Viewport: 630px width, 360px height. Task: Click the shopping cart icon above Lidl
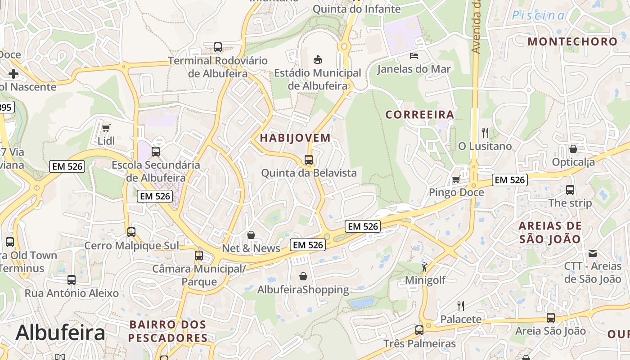(106, 128)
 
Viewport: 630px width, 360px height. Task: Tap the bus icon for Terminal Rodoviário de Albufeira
(218, 47)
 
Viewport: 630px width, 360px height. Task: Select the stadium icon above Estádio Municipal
(318, 59)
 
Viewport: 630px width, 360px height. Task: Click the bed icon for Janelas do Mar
(414, 56)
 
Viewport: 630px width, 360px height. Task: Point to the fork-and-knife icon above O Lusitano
(485, 133)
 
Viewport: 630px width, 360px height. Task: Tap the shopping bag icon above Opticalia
(573, 148)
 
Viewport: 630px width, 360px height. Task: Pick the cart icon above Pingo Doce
(456, 179)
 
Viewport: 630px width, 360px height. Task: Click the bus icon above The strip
(570, 189)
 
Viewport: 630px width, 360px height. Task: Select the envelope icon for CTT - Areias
(593, 253)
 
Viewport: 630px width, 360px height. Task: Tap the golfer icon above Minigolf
(425, 267)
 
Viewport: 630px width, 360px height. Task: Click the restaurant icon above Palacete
(461, 306)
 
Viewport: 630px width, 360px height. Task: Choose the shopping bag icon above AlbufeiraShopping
(303, 276)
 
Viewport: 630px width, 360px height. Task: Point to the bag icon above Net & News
(251, 235)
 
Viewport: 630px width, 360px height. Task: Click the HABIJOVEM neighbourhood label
(295, 138)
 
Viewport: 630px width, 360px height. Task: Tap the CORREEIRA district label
(420, 115)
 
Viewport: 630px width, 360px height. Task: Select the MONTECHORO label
(573, 41)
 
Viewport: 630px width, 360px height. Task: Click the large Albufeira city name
(60, 333)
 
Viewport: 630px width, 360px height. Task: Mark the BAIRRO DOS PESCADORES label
(168, 331)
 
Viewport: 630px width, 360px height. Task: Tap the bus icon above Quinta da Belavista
(309, 159)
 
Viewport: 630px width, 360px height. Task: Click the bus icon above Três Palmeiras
(419, 330)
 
